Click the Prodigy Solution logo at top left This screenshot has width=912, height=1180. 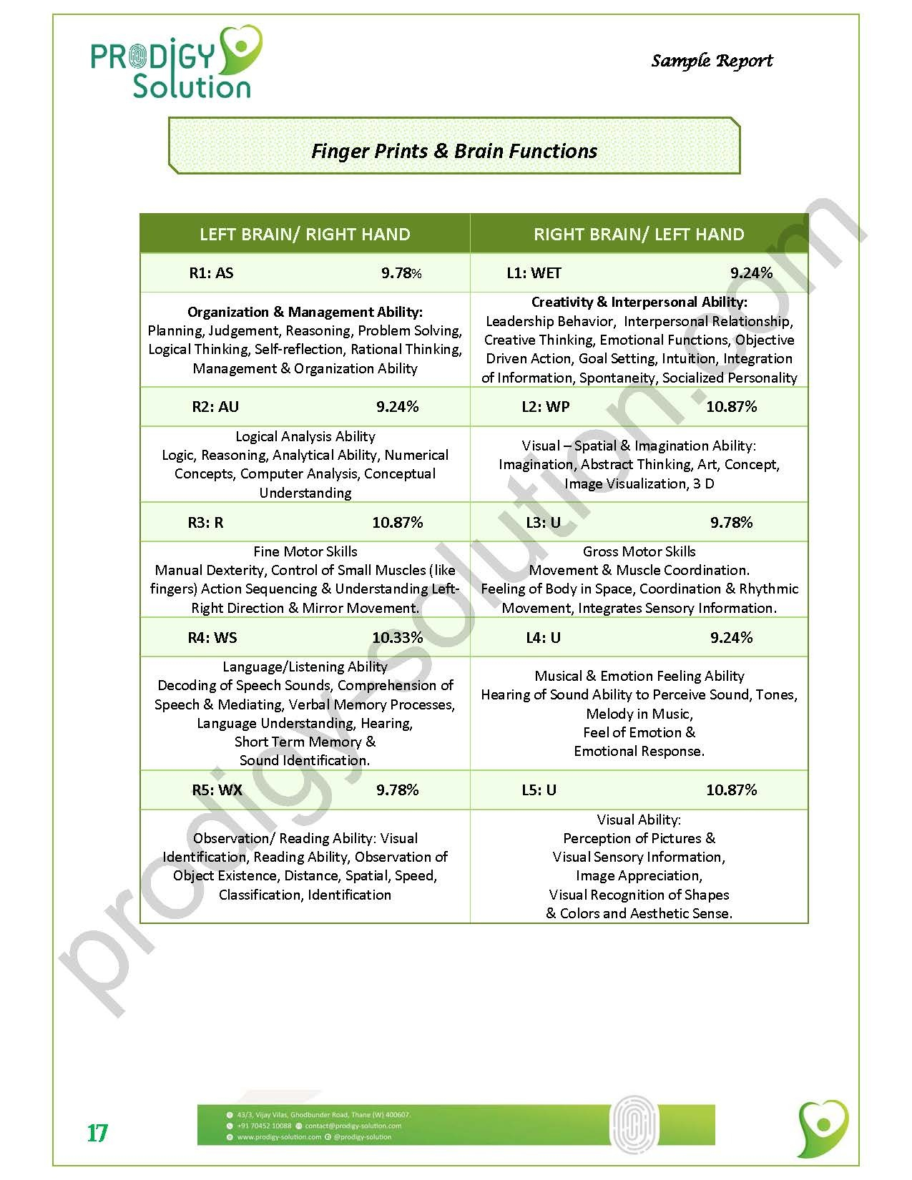click(x=176, y=62)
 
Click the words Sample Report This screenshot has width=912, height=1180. click(x=712, y=61)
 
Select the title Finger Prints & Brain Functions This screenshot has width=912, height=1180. click(x=454, y=151)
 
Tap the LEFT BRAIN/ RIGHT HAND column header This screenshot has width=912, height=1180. click(x=305, y=234)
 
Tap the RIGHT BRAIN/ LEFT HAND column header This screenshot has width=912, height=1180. click(x=639, y=234)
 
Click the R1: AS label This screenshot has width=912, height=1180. click(x=211, y=272)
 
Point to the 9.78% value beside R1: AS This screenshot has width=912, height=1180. click(x=401, y=272)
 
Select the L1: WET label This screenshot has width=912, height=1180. click(x=534, y=272)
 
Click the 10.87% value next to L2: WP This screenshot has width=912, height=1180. click(x=731, y=406)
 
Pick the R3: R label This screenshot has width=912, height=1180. click(x=205, y=522)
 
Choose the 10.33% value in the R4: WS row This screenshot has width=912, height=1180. click(x=397, y=637)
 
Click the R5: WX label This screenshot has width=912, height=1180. click(x=217, y=790)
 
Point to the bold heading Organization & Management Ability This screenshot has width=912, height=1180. click(x=305, y=312)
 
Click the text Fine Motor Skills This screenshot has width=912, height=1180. click(x=305, y=551)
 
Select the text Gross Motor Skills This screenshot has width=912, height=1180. click(x=639, y=551)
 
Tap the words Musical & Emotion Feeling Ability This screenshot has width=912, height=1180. click(x=639, y=676)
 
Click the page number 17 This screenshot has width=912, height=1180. click(x=97, y=1134)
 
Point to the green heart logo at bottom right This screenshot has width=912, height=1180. click(x=823, y=1129)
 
